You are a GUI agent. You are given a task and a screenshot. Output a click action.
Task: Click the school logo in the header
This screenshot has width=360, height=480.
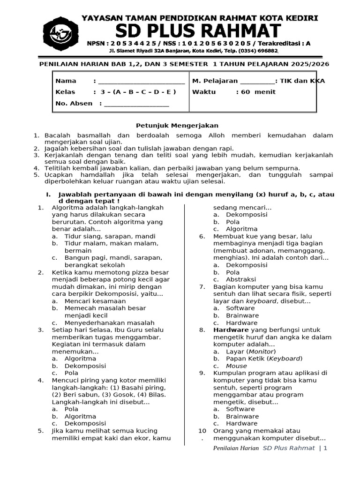(60, 32)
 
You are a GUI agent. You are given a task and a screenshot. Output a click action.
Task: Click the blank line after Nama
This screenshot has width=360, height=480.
(141, 82)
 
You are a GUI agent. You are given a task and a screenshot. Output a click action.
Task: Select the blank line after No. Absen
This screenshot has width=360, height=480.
(136, 104)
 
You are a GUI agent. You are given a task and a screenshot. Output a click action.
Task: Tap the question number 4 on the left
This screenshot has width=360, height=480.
(41, 380)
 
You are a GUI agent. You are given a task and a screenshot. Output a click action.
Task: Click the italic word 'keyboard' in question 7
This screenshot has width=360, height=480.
(261, 301)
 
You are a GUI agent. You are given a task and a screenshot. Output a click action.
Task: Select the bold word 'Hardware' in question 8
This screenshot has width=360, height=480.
(231, 330)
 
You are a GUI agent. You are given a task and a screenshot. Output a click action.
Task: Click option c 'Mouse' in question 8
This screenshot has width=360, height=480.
(236, 366)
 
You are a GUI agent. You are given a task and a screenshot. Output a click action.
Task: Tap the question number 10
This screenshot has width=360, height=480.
(202, 431)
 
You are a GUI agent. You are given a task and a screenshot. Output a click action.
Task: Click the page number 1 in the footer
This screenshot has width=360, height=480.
(324, 448)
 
